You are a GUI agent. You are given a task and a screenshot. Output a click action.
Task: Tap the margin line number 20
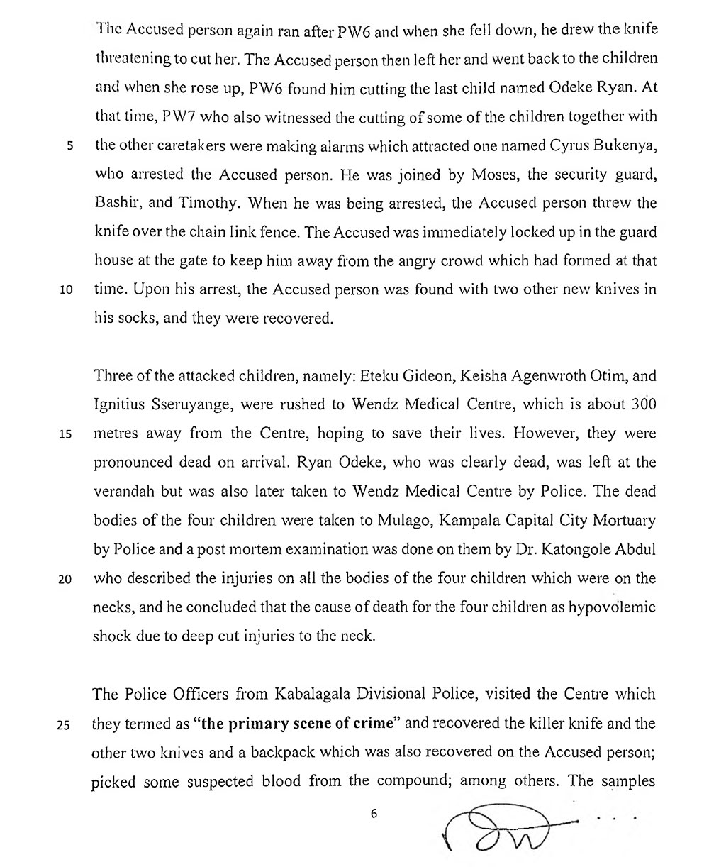tap(65, 578)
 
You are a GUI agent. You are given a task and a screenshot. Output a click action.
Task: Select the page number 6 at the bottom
tap(373, 814)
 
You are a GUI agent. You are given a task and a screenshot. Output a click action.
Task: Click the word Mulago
tap(405, 519)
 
